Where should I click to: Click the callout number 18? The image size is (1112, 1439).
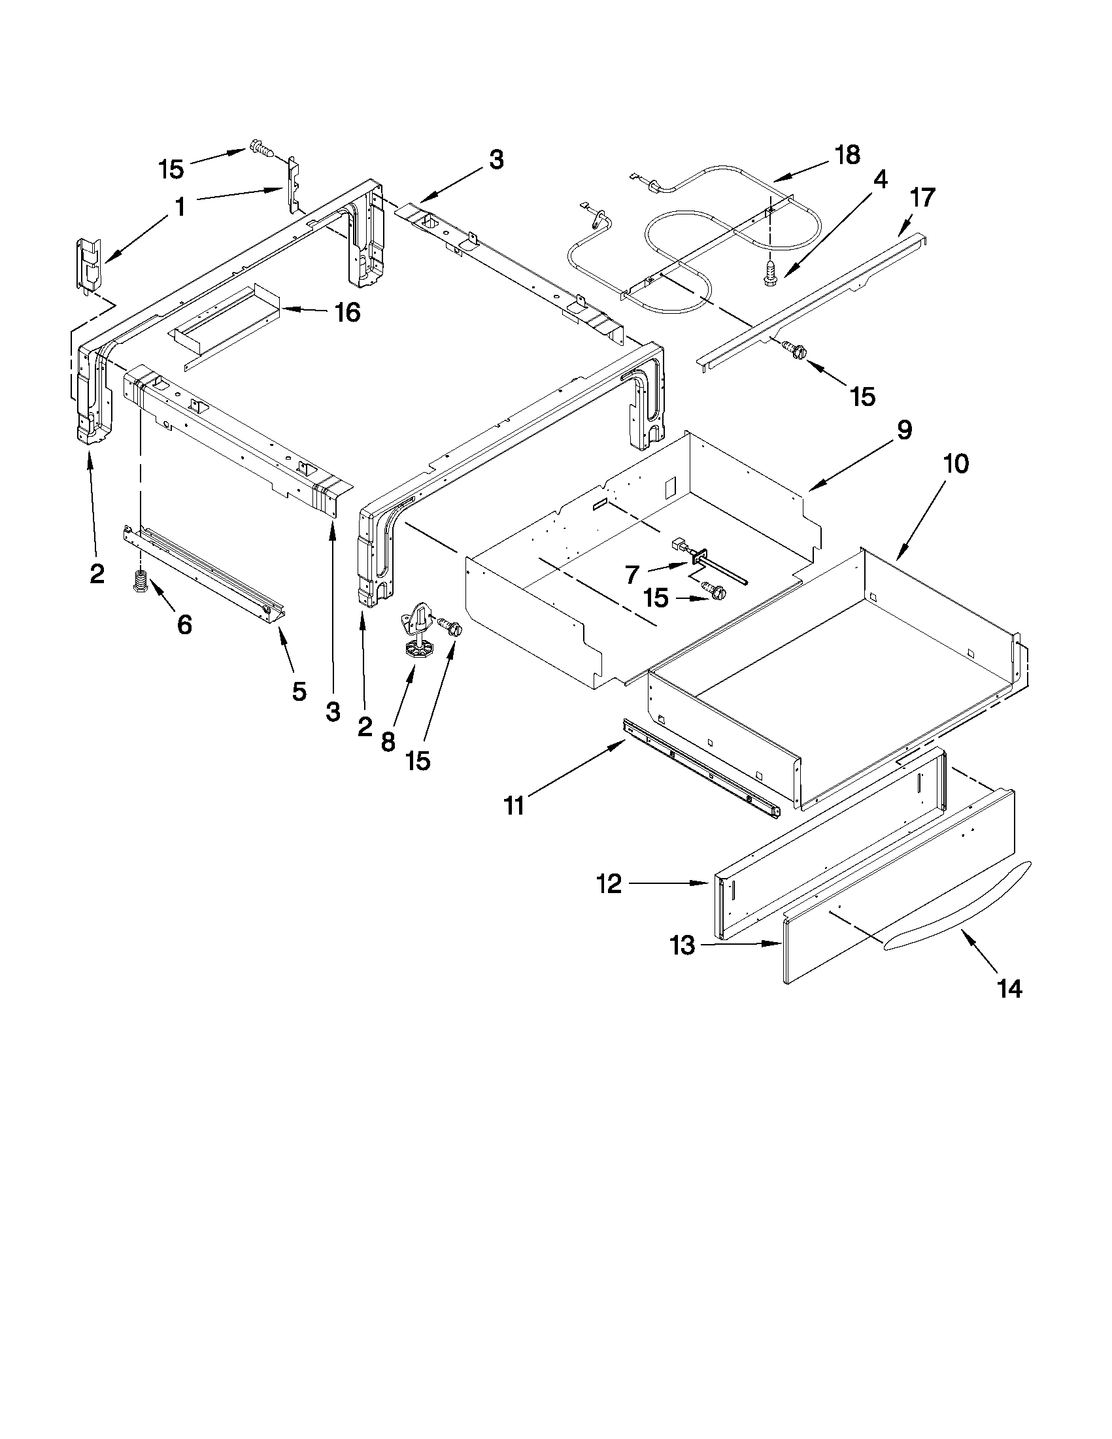tap(847, 156)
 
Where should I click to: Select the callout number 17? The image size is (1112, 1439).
tap(922, 197)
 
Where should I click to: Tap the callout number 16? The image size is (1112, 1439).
tap(347, 313)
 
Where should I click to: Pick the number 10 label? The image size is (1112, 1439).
tap(955, 464)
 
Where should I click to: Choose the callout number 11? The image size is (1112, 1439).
tap(514, 805)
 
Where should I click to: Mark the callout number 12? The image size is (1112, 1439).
tap(609, 883)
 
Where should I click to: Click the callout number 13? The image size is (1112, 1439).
tap(683, 946)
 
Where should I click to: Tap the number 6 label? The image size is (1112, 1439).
tap(184, 624)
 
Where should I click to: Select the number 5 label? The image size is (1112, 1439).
tap(298, 691)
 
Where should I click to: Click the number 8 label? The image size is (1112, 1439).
tap(388, 742)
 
